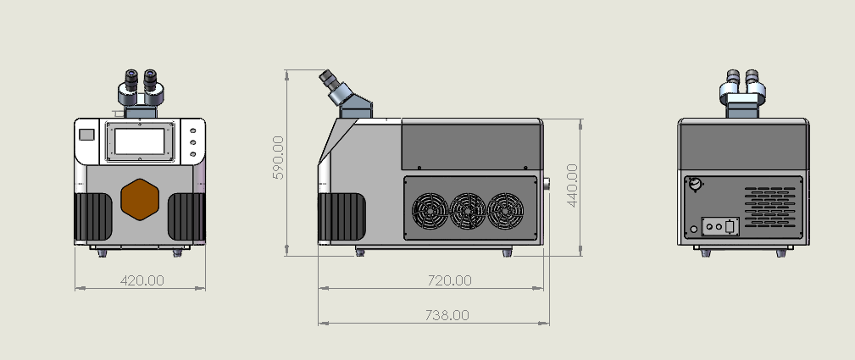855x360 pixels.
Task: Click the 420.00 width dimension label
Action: pos(142,280)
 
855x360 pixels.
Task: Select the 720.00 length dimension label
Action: pos(449,280)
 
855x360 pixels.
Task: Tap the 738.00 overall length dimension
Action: pos(447,315)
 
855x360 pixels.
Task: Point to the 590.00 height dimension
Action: pos(278,158)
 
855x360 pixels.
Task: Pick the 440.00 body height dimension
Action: pos(572,186)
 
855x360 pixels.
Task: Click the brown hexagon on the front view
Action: pos(140,200)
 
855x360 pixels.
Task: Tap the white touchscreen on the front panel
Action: pos(140,141)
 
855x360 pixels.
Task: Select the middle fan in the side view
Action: pos(467,211)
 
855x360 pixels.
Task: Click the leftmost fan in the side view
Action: pos(430,211)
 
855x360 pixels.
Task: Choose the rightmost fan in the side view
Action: pos(506,211)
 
